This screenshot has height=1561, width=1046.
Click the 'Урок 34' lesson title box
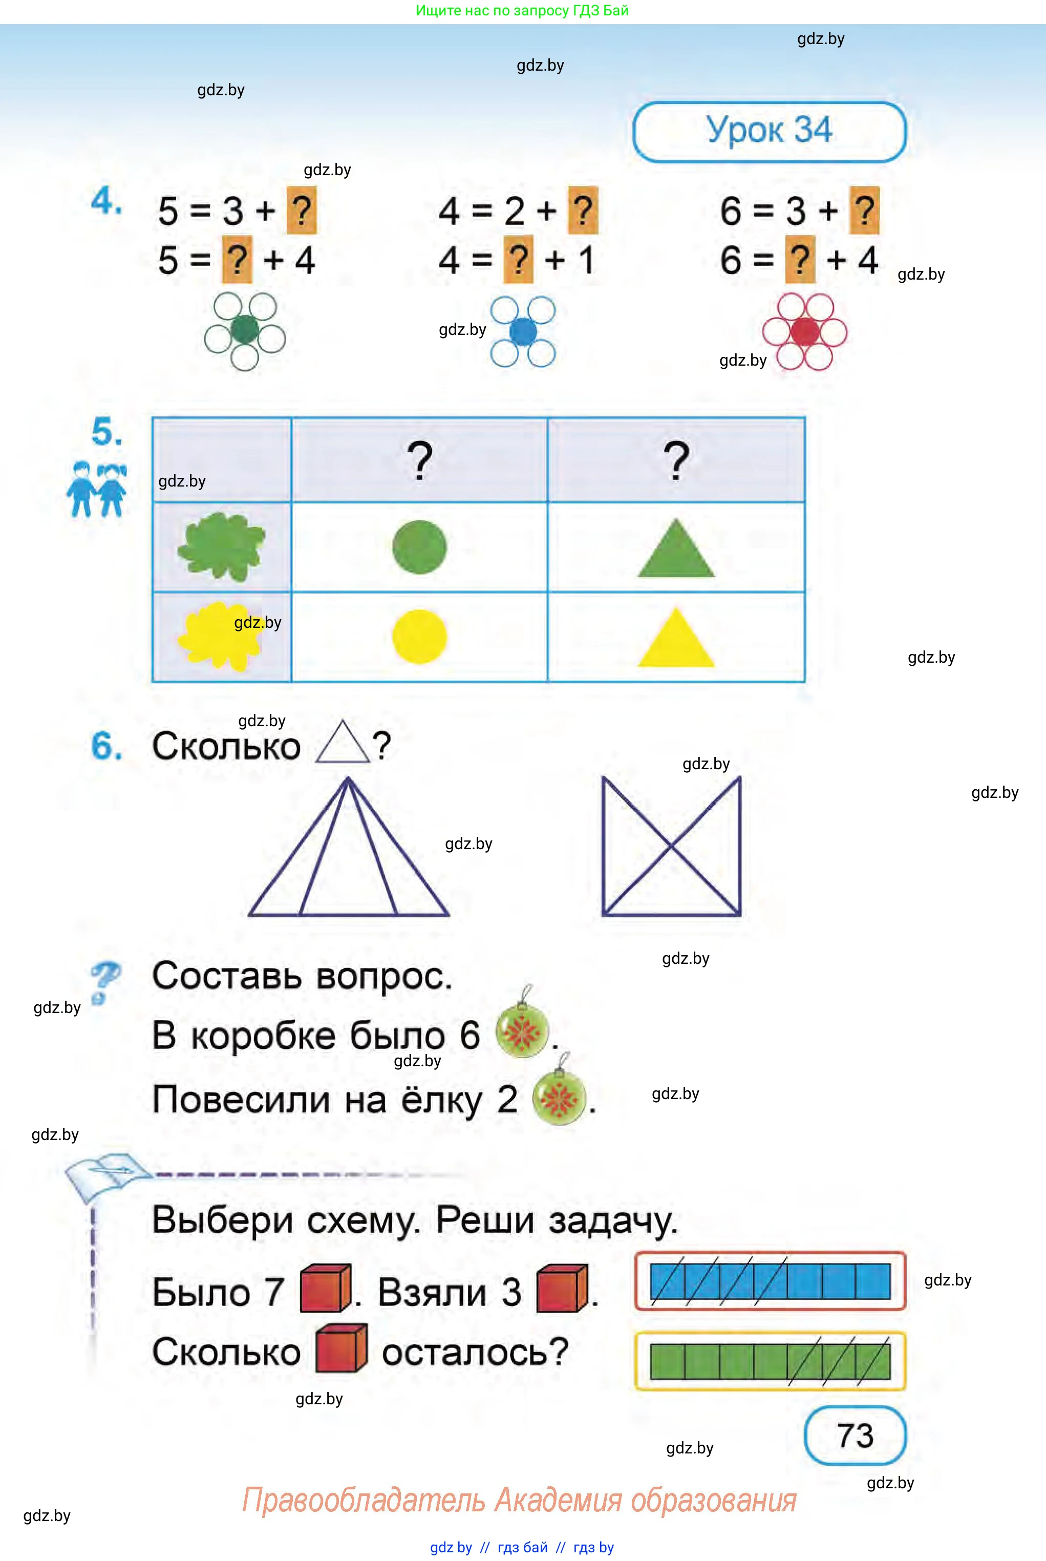(769, 132)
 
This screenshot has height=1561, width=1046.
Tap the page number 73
(855, 1435)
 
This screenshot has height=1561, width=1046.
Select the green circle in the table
(420, 547)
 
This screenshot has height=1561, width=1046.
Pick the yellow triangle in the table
(676, 637)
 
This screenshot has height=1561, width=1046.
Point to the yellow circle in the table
(420, 637)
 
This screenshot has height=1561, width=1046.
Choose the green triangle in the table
(676, 547)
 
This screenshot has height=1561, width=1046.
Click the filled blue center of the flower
(523, 331)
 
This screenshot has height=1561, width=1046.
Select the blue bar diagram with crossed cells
(770, 1281)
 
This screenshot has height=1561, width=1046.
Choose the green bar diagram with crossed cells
(770, 1361)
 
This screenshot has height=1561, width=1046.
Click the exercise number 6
(106, 745)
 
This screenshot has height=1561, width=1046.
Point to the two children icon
(96, 489)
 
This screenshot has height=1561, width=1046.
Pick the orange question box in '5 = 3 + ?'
(302, 211)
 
